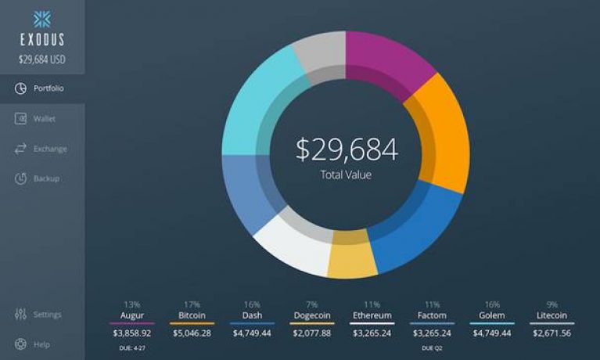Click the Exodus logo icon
tap(41, 19)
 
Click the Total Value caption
tap(346, 175)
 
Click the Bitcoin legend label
tap(192, 315)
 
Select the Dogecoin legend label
tap(311, 315)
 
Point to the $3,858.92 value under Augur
tap(131, 333)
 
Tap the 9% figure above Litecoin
tap(552, 304)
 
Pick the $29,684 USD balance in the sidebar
tap(42, 58)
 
